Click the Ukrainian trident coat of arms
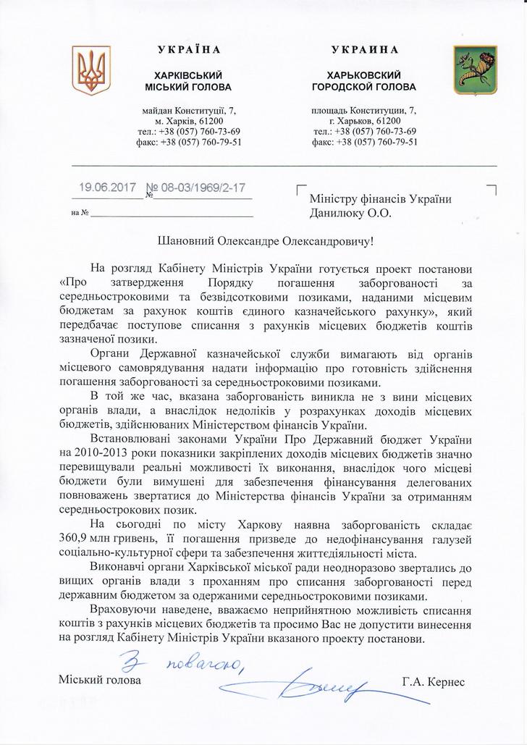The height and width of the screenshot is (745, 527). pyautogui.click(x=87, y=70)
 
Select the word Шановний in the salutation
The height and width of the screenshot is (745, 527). pyautogui.click(x=190, y=239)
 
